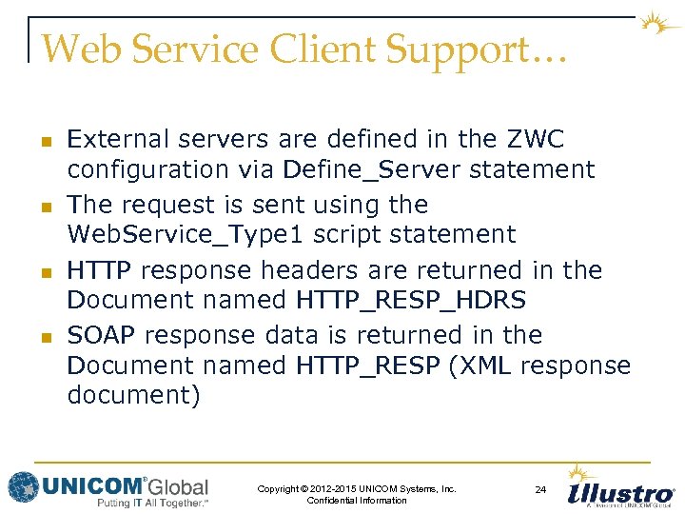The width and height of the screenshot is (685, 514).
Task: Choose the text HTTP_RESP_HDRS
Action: coord(411,301)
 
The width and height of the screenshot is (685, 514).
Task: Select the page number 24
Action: coord(540,489)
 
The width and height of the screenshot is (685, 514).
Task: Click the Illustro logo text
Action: coord(620,494)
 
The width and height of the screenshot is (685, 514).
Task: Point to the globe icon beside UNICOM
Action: coord(23,486)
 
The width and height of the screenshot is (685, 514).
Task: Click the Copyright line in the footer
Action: coord(357,489)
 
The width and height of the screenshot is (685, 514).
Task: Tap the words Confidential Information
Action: coord(357,501)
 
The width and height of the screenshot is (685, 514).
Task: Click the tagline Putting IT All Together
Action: coord(152,503)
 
